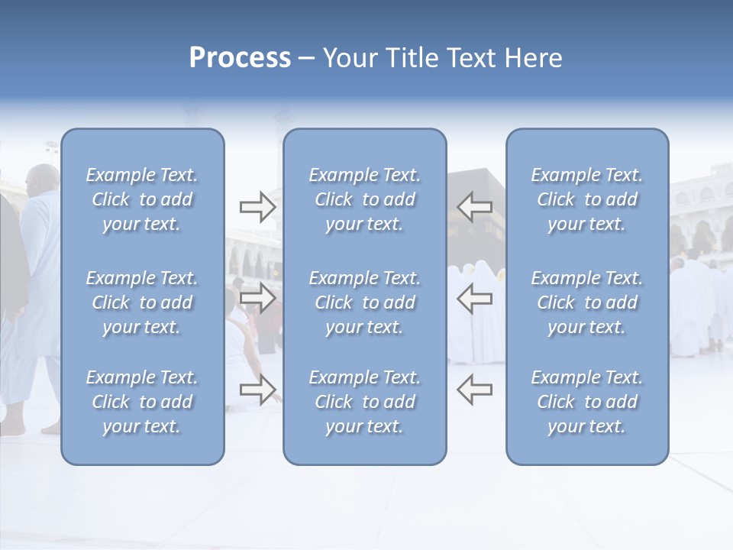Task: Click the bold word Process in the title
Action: point(240,58)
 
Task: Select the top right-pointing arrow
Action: point(257,206)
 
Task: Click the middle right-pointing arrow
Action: point(257,299)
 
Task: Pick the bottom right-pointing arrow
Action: point(257,390)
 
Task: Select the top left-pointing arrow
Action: point(474,206)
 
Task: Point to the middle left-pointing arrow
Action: point(474,299)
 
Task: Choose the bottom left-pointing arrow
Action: point(474,390)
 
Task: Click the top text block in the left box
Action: point(142,199)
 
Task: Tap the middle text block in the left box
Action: point(142,302)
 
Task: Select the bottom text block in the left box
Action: point(142,402)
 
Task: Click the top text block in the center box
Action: point(365,199)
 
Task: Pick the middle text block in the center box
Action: point(365,302)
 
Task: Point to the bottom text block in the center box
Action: point(365,402)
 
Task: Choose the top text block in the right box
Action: point(587,199)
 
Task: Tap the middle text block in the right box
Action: point(587,302)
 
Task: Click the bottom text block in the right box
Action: point(587,402)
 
